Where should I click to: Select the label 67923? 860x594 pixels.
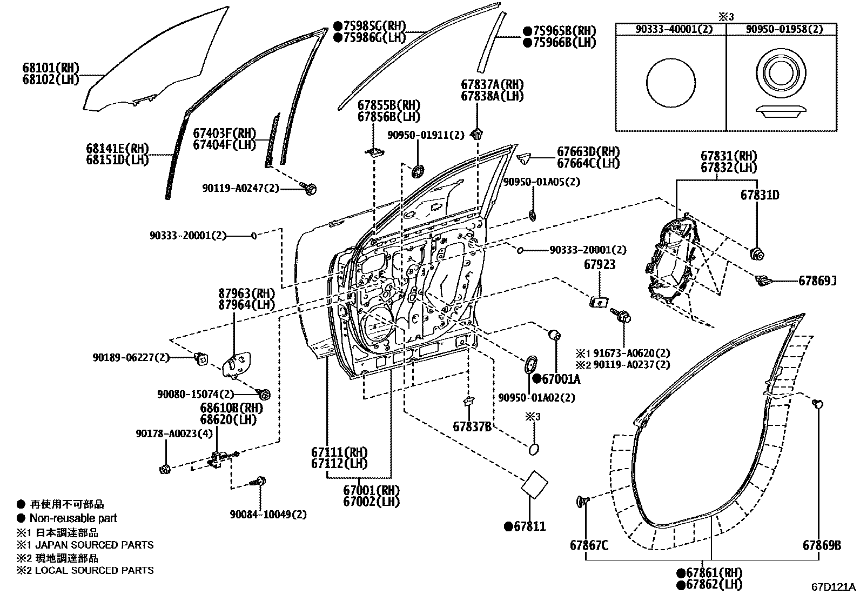[600, 265]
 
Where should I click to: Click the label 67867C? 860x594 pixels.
[589, 545]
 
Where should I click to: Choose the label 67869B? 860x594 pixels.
[822, 545]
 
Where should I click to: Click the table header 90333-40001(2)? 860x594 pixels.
[670, 29]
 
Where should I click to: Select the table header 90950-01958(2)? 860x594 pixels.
[781, 29]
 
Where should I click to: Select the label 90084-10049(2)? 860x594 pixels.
[268, 514]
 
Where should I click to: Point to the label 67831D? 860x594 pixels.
[760, 195]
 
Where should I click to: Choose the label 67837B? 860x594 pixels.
[472, 426]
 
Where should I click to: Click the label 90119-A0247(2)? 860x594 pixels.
[241, 188]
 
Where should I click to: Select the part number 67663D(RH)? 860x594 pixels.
[588, 152]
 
